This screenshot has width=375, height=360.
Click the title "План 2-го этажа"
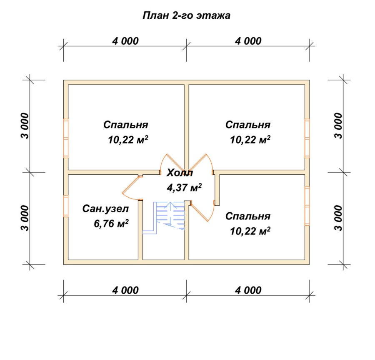186,15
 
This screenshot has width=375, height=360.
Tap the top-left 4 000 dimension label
125,41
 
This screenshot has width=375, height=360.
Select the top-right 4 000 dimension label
248,41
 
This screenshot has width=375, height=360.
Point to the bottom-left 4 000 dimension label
125,290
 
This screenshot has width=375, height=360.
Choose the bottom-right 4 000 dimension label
248,290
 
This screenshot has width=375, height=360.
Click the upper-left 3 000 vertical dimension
25,126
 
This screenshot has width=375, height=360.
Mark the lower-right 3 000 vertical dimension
338,218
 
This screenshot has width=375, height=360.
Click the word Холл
180,173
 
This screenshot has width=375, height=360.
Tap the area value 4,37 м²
184,188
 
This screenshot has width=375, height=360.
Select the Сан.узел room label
105,209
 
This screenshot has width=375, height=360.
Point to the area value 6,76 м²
111,224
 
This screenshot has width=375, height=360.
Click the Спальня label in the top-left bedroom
126,125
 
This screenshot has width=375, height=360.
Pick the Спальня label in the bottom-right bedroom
248,216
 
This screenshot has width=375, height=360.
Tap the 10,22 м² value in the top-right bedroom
250,140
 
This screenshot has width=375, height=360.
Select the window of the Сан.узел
66,206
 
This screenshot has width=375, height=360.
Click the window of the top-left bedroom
66,138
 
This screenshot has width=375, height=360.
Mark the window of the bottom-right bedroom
307,206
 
